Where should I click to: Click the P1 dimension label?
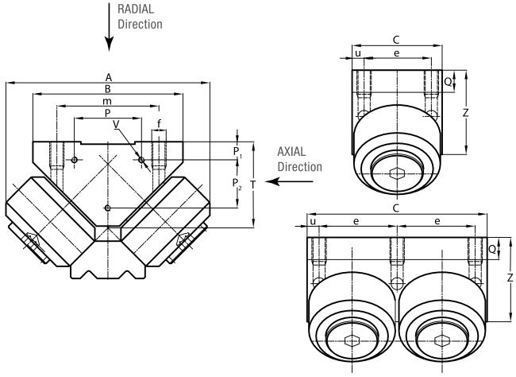237,150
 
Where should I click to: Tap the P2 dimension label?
237,184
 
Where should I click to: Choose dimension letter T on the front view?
252,184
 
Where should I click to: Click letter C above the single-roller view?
396,38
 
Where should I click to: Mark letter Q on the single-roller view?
449,80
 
